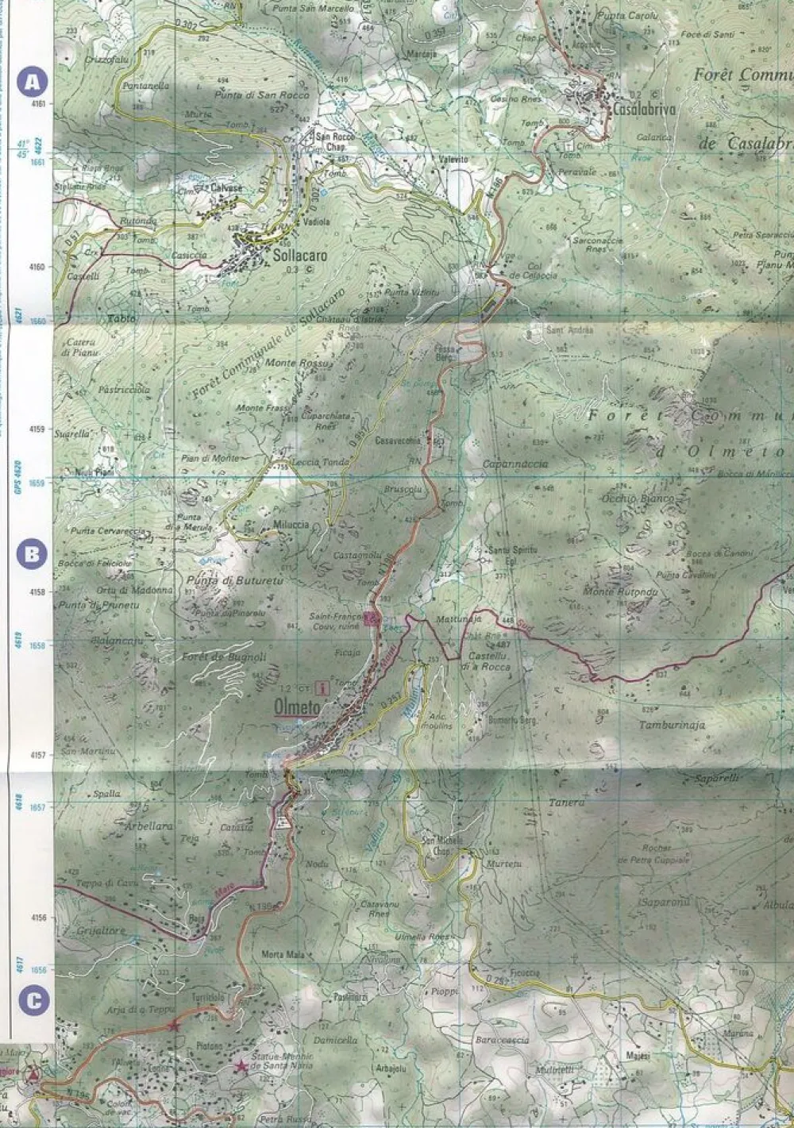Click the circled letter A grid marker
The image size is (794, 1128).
pos(32,81)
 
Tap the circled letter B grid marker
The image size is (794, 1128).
pos(32,553)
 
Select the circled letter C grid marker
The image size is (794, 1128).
pos(32,1001)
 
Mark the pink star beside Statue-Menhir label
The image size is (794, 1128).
pos(241,1067)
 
